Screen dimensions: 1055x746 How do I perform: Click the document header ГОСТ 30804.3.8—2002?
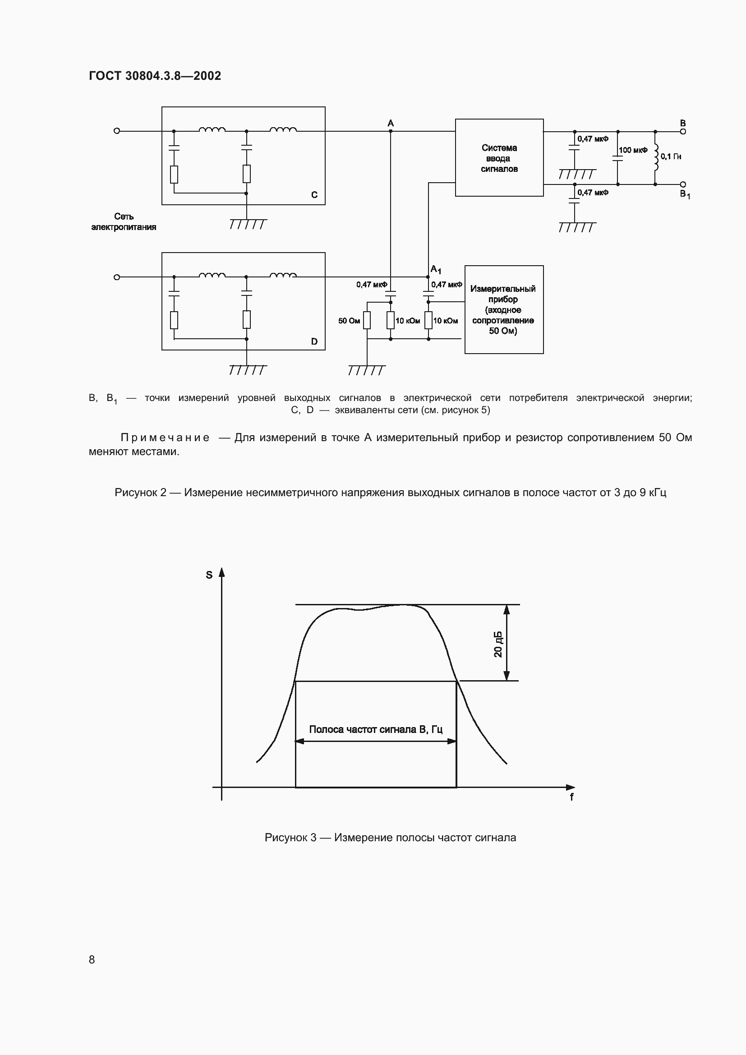pos(155,76)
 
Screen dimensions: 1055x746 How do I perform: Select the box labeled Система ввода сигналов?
pos(499,157)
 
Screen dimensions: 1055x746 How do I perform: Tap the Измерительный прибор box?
pos(503,309)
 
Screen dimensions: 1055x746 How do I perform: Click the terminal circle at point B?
pos(683,131)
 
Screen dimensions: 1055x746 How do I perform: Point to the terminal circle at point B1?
pos(683,184)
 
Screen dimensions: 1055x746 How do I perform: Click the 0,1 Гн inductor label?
pos(671,157)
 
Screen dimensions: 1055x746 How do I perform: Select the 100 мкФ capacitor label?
pos(633,150)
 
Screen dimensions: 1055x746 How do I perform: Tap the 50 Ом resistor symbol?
pos(367,320)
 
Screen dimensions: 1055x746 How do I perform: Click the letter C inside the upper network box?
pos(314,195)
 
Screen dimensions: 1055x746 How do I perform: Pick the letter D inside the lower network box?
pos(314,341)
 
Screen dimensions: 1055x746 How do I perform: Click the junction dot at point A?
pos(391,131)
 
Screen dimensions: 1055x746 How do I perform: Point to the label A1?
pos(436,270)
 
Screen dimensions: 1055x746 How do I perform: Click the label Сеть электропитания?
pos(124,221)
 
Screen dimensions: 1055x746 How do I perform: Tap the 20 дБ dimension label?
pos(498,644)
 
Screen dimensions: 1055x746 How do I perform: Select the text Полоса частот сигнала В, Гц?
pos(375,729)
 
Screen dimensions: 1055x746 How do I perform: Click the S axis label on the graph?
pos(209,575)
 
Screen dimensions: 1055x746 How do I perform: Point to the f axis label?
pos(571,797)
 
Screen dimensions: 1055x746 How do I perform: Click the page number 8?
pos(92,959)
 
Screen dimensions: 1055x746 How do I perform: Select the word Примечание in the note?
pos(165,438)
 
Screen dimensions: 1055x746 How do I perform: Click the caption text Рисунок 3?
pos(290,838)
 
